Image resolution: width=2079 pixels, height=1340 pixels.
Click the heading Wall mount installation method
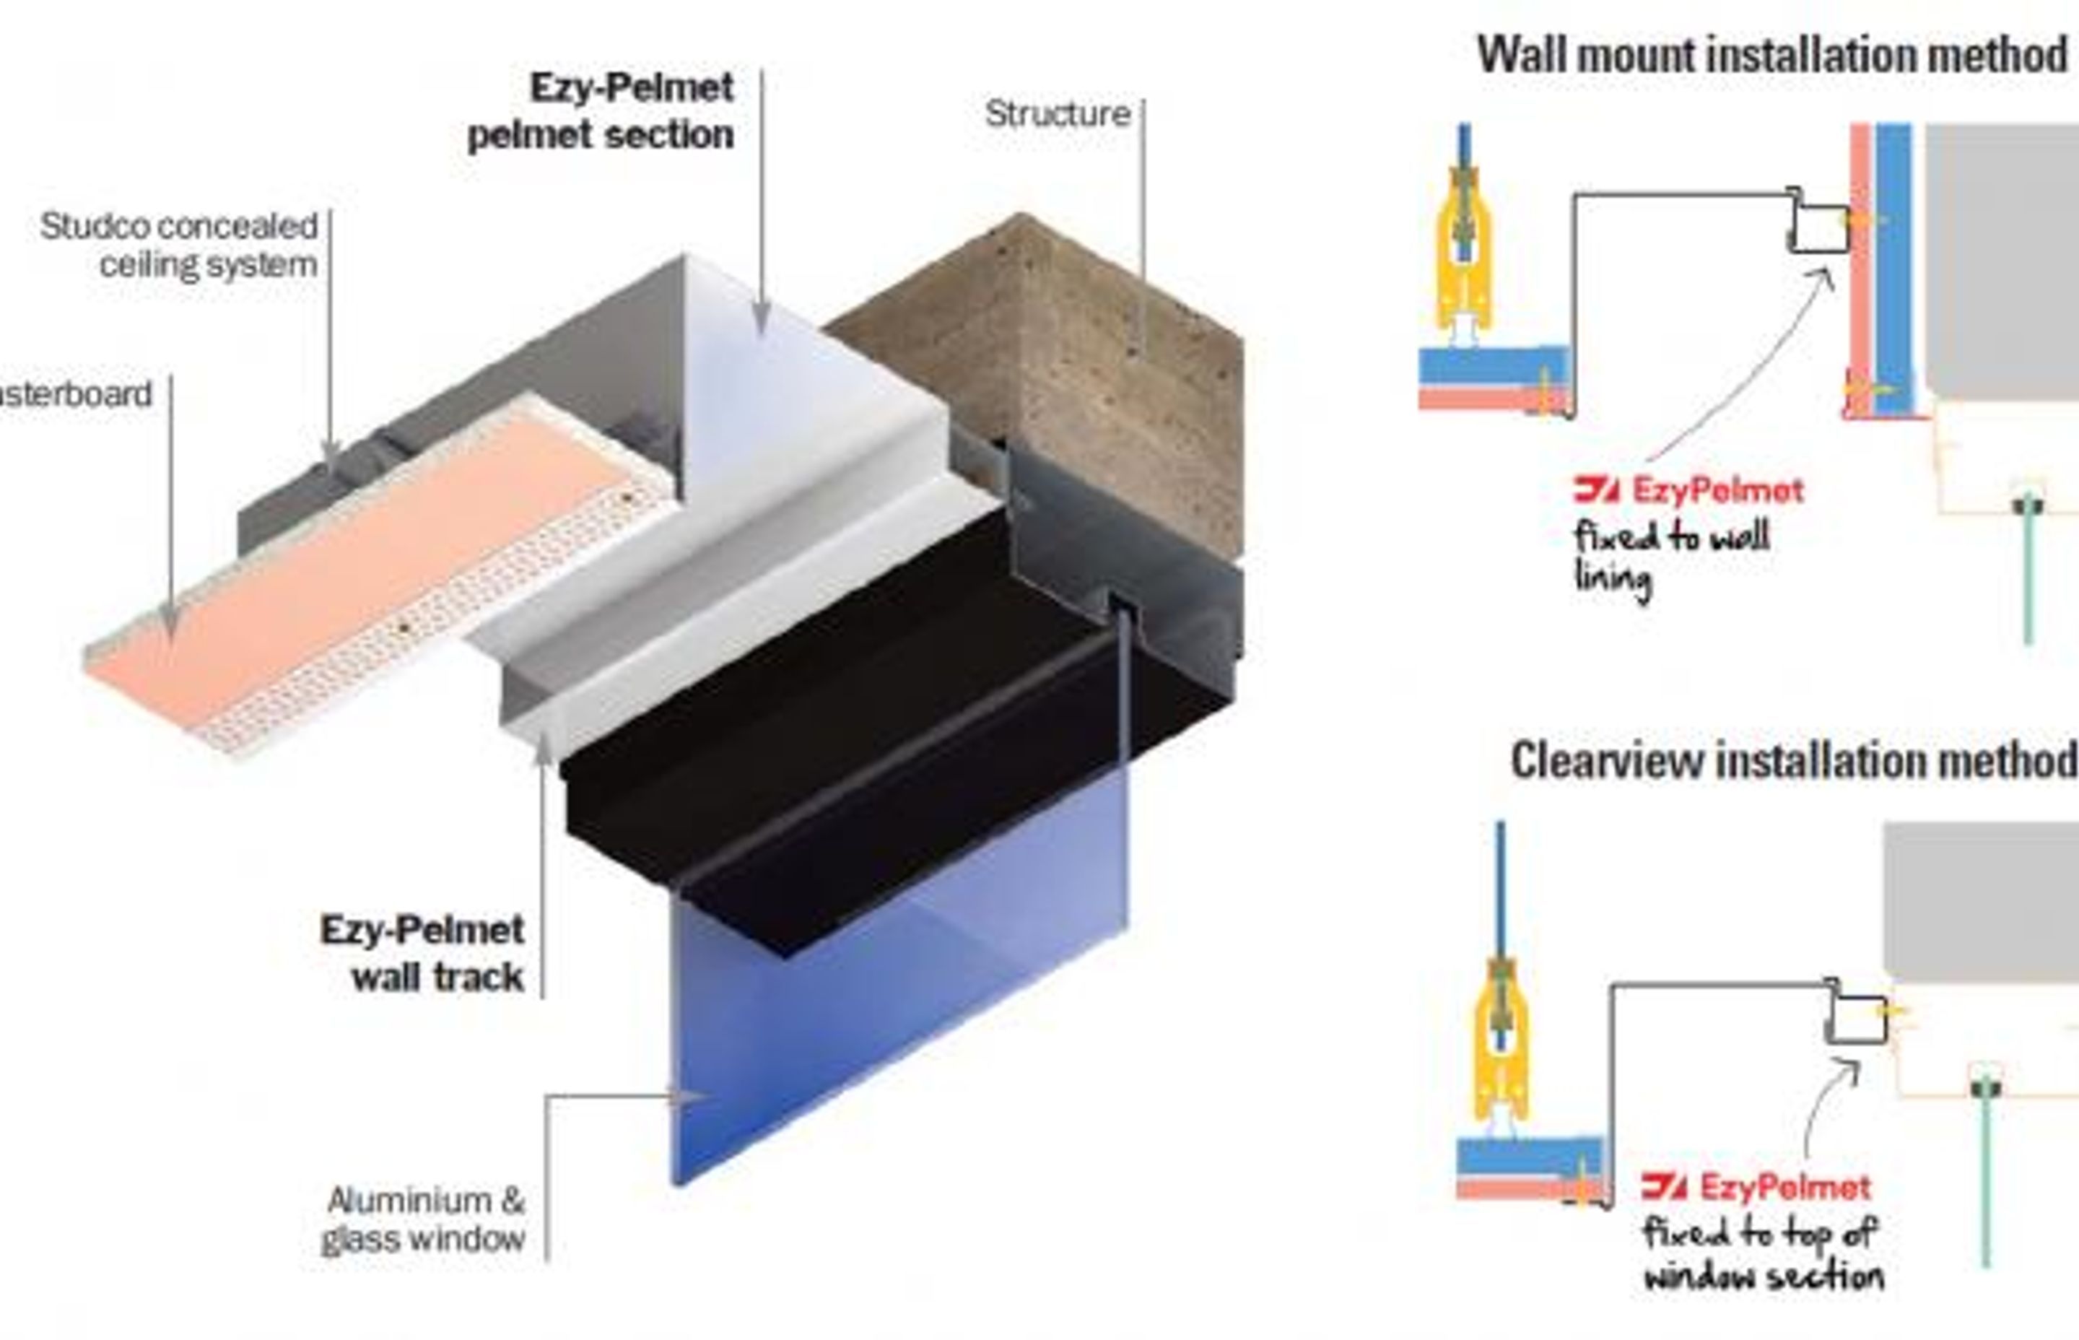tap(1771, 56)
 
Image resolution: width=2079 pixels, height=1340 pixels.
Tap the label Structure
tap(1057, 114)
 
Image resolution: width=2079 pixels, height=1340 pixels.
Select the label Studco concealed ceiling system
tap(179, 245)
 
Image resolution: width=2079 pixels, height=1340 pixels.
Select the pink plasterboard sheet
tap(365, 557)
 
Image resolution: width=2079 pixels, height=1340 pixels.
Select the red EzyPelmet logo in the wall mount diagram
tap(1688, 491)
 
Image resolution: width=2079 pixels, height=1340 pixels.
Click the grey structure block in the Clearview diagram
tap(1983, 900)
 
